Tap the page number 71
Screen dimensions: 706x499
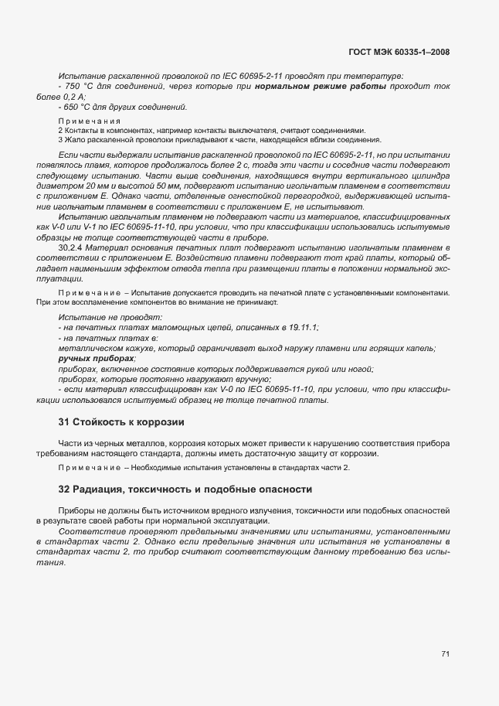click(x=446, y=653)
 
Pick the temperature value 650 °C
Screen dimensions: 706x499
click(x=80, y=107)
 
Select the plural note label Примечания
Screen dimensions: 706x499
click(x=90, y=121)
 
